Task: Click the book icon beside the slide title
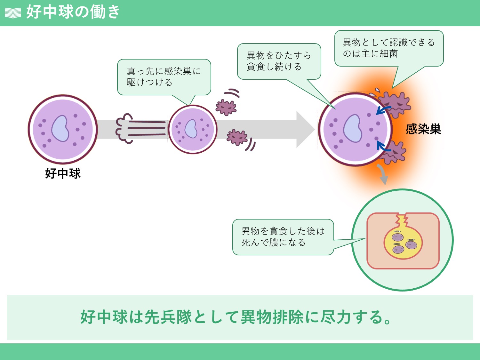point(13,13)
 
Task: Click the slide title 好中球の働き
point(73,12)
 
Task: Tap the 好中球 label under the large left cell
point(63,173)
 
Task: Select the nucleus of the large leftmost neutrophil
point(60,128)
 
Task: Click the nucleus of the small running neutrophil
point(191,129)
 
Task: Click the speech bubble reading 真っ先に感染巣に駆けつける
point(164,77)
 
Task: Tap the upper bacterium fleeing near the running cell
point(226,107)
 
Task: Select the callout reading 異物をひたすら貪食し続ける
point(279,61)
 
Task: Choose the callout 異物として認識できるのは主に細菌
point(388,48)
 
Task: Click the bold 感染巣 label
point(423,129)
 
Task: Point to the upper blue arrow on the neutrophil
point(382,110)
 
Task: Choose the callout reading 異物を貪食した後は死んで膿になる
point(283,237)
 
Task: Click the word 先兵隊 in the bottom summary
point(168,317)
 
